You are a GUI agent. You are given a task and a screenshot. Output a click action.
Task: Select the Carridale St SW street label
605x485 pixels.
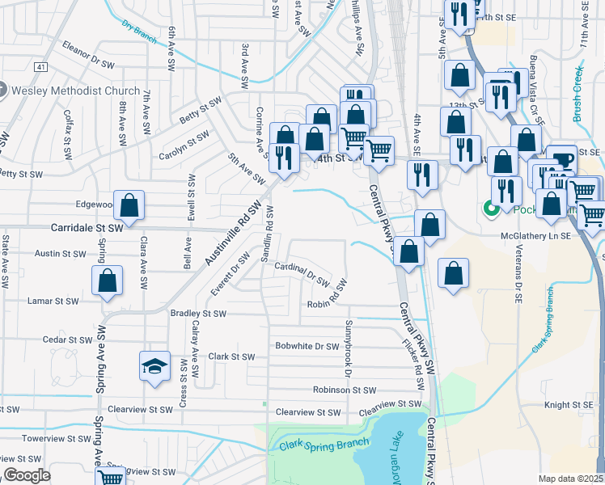point(87,229)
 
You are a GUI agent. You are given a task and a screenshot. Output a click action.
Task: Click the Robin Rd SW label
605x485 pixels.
point(327,296)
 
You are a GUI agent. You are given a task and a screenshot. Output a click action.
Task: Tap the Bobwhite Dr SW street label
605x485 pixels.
point(307,346)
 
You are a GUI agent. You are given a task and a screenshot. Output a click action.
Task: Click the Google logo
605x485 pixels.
point(26,475)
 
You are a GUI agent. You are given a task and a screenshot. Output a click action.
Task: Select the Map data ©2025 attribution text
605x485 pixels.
point(570,479)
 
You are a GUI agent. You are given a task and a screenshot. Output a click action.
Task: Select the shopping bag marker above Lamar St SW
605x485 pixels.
point(107,282)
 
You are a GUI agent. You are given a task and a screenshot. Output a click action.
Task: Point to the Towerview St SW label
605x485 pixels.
point(56,438)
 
